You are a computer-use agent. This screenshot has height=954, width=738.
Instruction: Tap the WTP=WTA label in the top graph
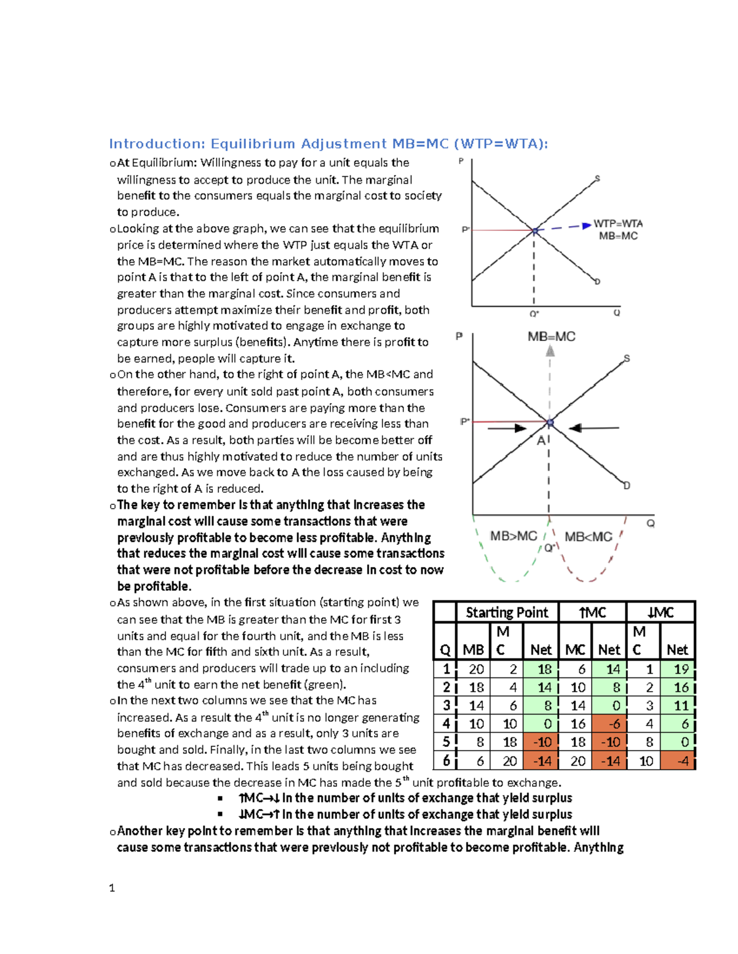coord(617,224)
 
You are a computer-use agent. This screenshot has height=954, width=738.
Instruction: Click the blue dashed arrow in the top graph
coord(565,227)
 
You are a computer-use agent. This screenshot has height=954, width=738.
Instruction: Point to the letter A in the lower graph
coord(542,440)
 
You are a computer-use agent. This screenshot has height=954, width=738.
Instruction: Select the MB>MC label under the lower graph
coord(513,536)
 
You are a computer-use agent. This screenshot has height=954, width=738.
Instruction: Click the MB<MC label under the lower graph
coord(589,536)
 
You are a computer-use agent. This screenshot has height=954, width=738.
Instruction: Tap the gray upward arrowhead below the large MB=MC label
coord(550,351)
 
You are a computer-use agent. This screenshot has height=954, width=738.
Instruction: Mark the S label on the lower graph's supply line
coord(627,358)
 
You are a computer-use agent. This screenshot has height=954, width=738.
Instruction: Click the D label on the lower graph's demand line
coord(627,485)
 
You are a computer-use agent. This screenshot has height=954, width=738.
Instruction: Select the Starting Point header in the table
coord(507,612)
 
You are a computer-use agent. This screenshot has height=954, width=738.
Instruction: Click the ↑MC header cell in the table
coord(592,612)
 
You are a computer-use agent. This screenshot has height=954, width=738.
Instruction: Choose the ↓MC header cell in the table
coord(661,612)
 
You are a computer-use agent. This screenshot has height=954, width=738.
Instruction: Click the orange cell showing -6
coord(609,724)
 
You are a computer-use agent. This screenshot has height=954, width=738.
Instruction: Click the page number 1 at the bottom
coord(111,888)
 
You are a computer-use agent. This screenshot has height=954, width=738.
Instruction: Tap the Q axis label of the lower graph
coord(651,523)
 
